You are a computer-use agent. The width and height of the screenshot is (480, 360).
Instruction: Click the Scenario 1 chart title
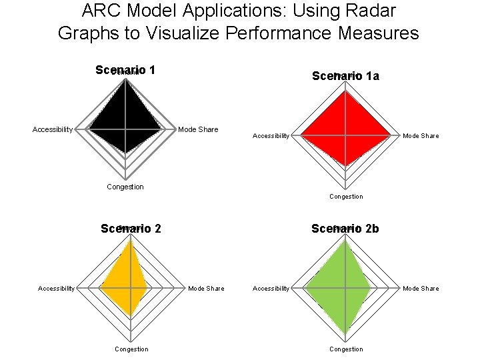point(125,70)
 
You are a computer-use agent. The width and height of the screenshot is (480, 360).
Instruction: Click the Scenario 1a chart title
point(345,76)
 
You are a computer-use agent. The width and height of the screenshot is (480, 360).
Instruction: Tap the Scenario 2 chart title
point(131,229)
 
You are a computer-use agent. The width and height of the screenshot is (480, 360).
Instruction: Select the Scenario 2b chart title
point(345,229)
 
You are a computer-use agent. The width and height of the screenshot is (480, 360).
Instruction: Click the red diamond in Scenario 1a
point(345,131)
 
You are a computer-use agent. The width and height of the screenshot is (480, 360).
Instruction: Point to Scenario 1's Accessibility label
point(53,129)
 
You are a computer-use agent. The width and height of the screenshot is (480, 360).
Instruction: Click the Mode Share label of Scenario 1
point(198,129)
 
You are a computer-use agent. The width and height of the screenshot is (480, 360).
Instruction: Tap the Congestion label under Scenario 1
point(125,187)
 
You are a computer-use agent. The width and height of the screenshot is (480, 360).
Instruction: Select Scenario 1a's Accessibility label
point(271,136)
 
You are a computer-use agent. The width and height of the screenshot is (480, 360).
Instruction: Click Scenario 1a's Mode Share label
point(421,136)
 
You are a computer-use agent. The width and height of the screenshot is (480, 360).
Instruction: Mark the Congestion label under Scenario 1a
point(347,197)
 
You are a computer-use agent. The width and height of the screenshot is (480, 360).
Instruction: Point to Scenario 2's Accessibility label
point(57,289)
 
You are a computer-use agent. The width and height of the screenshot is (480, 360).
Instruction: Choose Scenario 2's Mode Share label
point(206,289)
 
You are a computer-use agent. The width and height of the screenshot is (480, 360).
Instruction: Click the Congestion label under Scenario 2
point(131,349)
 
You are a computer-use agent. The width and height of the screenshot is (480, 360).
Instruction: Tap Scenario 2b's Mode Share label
point(421,289)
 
